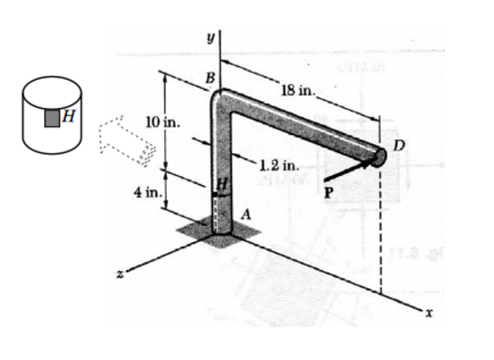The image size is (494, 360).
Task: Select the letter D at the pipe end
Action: (399, 146)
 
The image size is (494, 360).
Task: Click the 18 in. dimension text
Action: (298, 90)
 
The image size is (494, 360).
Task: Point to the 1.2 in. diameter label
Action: (278, 165)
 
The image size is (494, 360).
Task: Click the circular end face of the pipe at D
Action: (380, 157)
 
